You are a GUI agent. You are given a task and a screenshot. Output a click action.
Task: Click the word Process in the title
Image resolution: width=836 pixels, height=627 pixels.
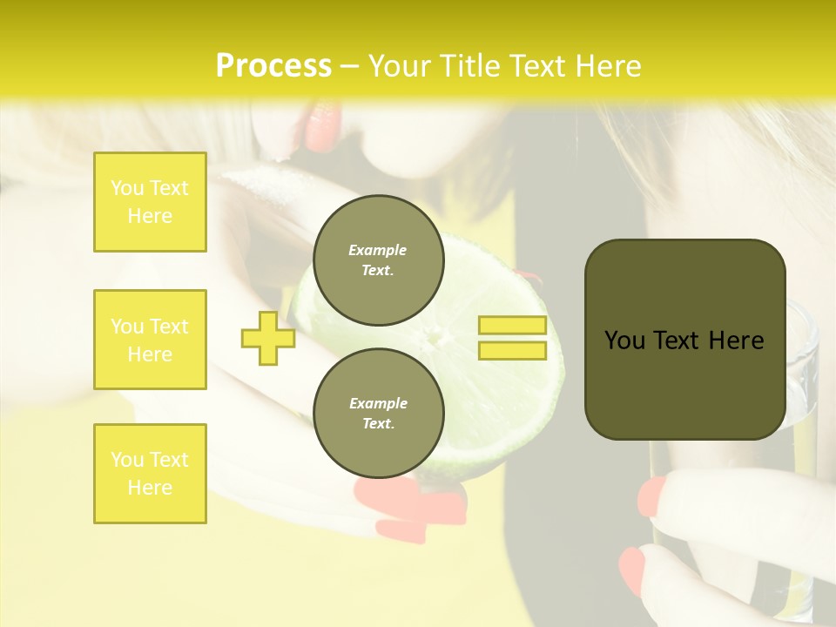(x=273, y=66)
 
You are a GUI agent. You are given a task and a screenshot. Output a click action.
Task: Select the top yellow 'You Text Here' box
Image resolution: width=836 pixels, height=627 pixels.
(x=150, y=202)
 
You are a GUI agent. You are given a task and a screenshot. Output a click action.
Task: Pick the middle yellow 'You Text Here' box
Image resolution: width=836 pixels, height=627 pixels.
(x=150, y=340)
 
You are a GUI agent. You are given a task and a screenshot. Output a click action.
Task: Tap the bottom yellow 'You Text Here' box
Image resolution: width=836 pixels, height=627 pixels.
(x=150, y=474)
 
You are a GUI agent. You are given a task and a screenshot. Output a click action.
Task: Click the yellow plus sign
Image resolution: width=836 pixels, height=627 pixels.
(x=267, y=339)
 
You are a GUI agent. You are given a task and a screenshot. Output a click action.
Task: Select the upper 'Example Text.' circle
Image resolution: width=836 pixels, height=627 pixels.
(x=378, y=260)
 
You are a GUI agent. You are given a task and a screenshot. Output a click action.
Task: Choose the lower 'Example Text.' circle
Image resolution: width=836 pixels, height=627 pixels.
(x=378, y=413)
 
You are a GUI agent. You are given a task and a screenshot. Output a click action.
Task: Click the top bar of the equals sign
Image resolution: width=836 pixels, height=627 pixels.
(x=512, y=326)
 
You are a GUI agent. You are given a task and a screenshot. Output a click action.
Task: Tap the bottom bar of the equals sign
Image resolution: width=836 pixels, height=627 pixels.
(x=512, y=351)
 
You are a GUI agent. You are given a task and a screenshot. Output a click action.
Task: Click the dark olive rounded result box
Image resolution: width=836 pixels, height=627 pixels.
(x=684, y=383)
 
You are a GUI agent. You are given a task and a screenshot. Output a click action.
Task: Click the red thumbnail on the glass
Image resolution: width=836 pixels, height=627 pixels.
(x=651, y=496)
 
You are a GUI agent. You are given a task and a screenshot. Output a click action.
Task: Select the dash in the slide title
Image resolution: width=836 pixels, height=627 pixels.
(x=350, y=66)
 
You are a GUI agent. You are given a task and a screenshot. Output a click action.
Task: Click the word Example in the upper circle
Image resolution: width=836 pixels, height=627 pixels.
(x=378, y=250)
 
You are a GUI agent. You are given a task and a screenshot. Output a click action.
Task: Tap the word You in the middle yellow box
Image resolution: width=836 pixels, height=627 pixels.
(x=126, y=327)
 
